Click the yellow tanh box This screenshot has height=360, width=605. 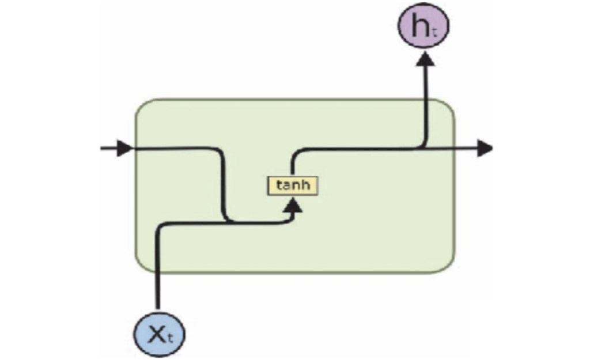point(292,185)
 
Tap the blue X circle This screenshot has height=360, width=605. point(160,335)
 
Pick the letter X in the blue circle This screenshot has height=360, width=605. point(156,334)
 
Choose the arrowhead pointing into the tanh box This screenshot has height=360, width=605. point(294,204)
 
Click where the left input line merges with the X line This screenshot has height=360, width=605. point(229,222)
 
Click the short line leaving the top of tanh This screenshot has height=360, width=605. point(292,167)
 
